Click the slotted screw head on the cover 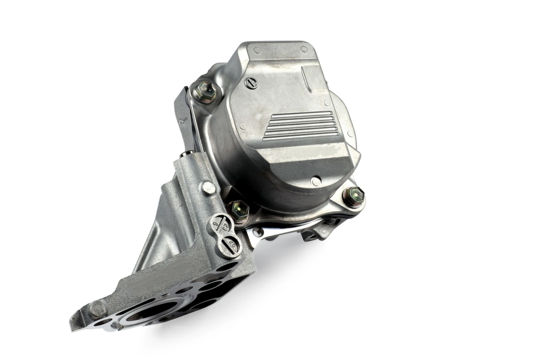[251, 83]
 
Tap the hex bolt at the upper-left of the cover [205, 92]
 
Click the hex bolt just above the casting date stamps [239, 210]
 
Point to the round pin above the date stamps [208, 188]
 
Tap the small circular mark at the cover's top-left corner [257, 50]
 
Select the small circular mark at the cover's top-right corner [304, 49]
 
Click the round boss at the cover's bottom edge [316, 181]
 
